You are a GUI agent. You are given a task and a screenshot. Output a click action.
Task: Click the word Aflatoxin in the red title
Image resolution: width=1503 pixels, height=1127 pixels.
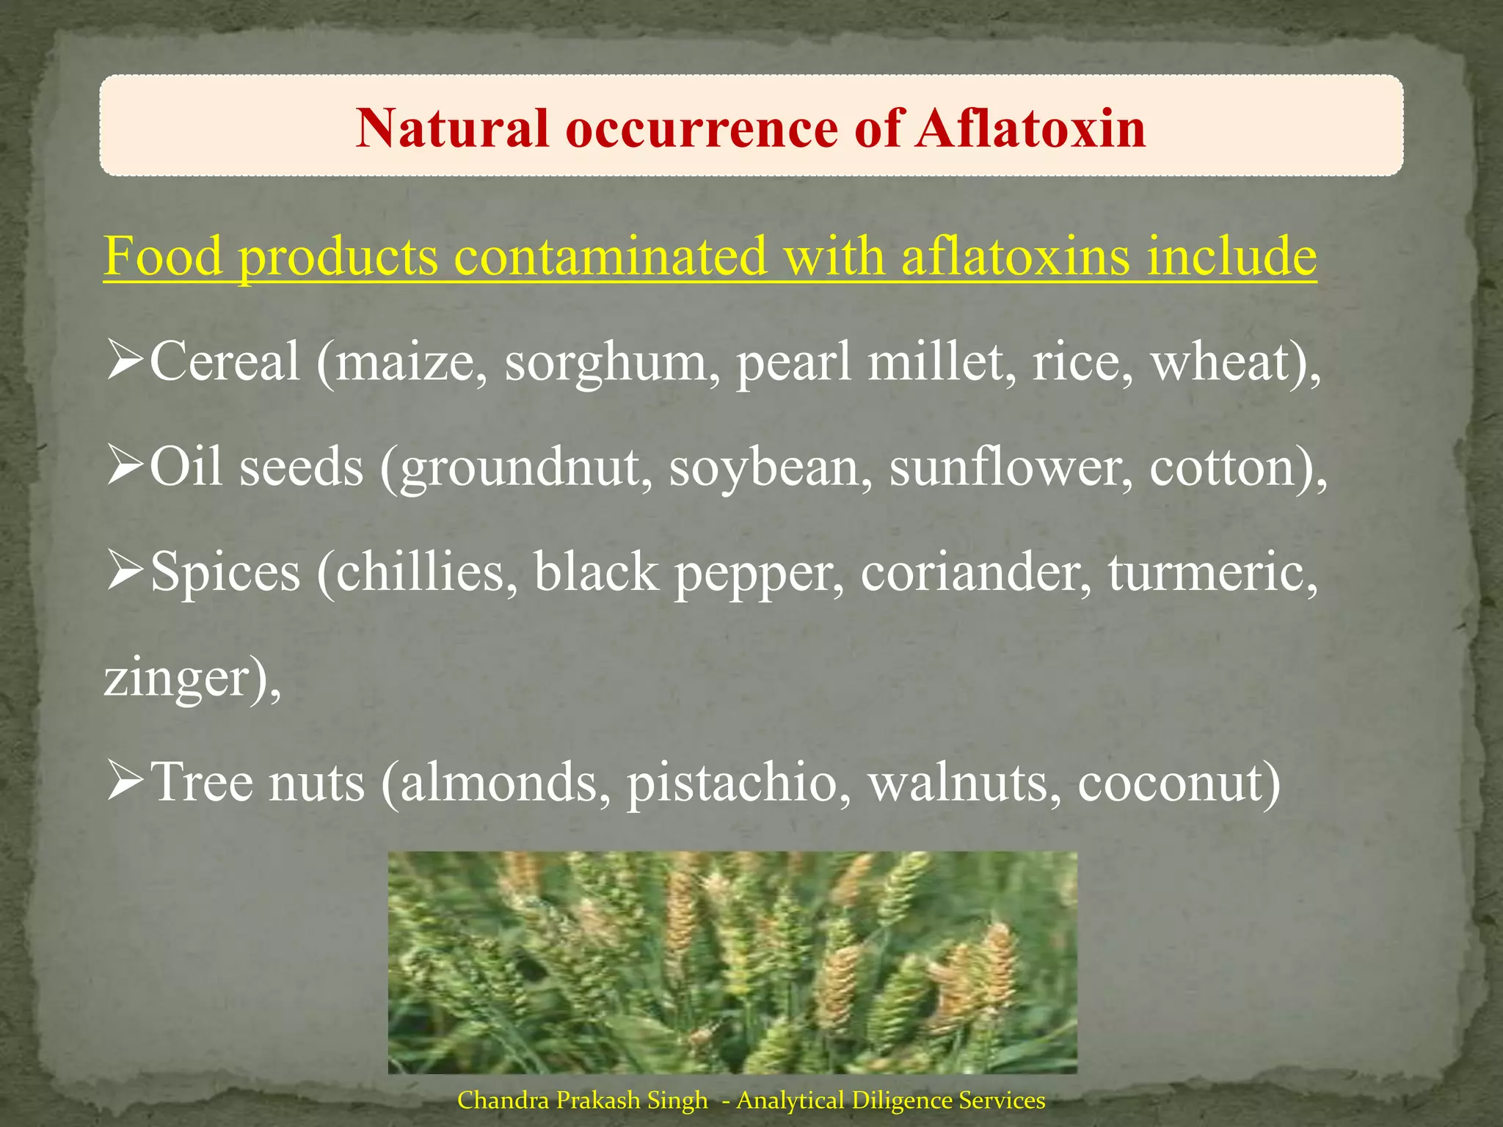[1030, 128]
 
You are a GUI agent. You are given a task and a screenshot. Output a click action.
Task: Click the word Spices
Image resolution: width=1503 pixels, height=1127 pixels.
[225, 572]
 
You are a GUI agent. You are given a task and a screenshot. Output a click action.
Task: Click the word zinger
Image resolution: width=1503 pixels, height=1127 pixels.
[178, 678]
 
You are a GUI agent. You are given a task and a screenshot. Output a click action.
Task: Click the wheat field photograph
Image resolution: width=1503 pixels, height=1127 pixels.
[732, 962]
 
